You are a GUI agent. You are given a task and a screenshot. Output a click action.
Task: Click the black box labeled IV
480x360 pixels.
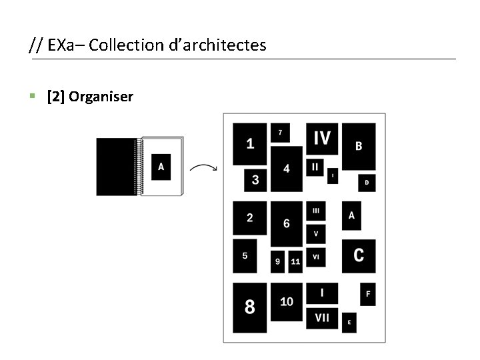[x=322, y=139]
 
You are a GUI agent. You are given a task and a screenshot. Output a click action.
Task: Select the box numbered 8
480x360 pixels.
[x=249, y=307]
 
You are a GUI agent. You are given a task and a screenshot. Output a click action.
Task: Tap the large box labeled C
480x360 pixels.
[x=359, y=255]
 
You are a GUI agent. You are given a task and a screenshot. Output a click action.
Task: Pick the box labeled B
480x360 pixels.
[x=359, y=146]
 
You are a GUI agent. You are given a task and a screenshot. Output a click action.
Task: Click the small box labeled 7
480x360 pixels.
[x=280, y=133]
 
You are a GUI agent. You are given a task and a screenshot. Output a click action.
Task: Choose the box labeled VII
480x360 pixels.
[x=322, y=318]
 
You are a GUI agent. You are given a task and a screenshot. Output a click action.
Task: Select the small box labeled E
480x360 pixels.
[x=349, y=322]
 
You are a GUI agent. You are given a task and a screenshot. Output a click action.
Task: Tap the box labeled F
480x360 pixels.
[x=368, y=294]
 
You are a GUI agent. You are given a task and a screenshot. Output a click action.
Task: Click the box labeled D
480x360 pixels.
[x=367, y=182]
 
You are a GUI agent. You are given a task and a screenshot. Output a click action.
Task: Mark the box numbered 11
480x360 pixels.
[x=295, y=262]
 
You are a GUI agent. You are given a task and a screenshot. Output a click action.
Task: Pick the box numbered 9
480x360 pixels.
[x=278, y=262]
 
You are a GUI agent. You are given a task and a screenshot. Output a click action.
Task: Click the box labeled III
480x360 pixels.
[x=316, y=211]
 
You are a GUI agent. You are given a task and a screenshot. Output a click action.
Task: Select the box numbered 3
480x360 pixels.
[x=255, y=179]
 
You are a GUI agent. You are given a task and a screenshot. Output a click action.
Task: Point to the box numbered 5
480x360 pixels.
[x=245, y=256]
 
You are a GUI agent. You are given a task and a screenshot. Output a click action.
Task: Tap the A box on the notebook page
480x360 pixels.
[x=161, y=167]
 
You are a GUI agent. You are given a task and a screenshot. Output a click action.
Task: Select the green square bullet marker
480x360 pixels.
[x=32, y=97]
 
